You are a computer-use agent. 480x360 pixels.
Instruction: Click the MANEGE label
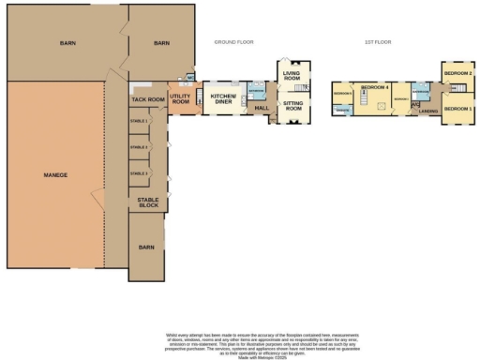(55, 175)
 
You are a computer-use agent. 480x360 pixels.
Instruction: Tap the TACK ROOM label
(148, 98)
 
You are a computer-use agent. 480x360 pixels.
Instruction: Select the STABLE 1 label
(140, 122)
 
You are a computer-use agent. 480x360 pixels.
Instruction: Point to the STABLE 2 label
(140, 147)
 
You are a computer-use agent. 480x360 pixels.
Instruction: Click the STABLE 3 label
(140, 173)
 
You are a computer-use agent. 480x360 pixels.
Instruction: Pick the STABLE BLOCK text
(148, 203)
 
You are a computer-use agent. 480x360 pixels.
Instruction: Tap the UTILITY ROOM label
(181, 98)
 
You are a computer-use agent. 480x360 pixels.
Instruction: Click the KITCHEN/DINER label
(223, 98)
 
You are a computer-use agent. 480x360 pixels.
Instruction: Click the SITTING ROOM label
(293, 108)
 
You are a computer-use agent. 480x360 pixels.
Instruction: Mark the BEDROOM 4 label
(376, 87)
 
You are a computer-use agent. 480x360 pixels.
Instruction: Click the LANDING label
(428, 112)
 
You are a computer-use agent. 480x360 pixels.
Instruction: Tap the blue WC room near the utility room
(190, 78)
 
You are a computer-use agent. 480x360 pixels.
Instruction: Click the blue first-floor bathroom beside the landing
(422, 92)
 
